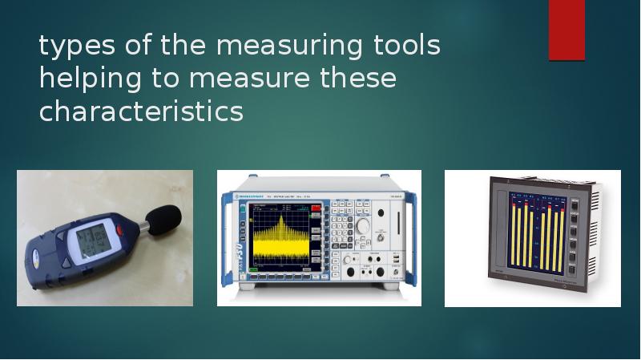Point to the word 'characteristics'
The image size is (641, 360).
[141, 111]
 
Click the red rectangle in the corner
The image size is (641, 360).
[566, 30]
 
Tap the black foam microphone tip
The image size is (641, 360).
[163, 217]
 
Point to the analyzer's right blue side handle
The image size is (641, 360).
[412, 239]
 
